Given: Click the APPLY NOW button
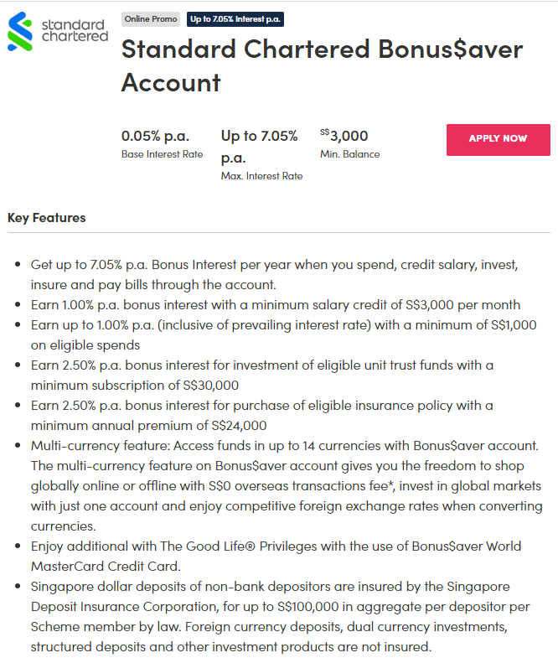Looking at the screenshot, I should click(x=498, y=139).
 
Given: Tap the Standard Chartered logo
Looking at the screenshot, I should click(x=58, y=31).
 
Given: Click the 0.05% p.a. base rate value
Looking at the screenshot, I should click(x=155, y=136).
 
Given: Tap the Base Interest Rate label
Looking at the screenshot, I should click(x=162, y=154).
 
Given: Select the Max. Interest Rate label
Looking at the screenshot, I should click(x=261, y=176).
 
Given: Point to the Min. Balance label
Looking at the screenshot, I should click(x=349, y=154).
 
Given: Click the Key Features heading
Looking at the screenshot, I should click(x=47, y=218).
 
